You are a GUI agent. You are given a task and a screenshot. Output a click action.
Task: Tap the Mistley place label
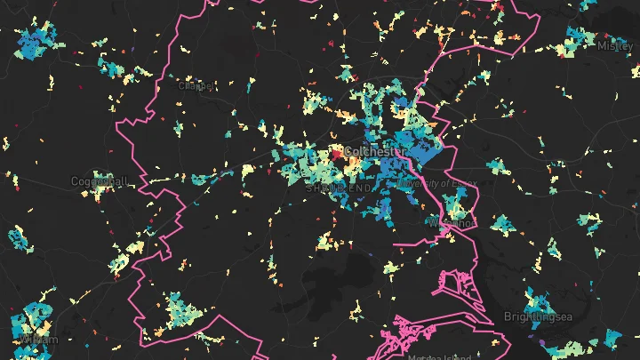point(616,45)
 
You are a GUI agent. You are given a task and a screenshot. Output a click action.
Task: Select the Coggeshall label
point(99,181)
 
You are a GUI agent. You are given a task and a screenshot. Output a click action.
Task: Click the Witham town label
point(36,340)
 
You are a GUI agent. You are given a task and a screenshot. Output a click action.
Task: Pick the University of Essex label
point(437,183)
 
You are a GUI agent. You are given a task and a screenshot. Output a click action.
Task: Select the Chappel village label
point(196,85)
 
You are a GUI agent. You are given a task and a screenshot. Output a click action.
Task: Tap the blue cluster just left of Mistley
point(576,39)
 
